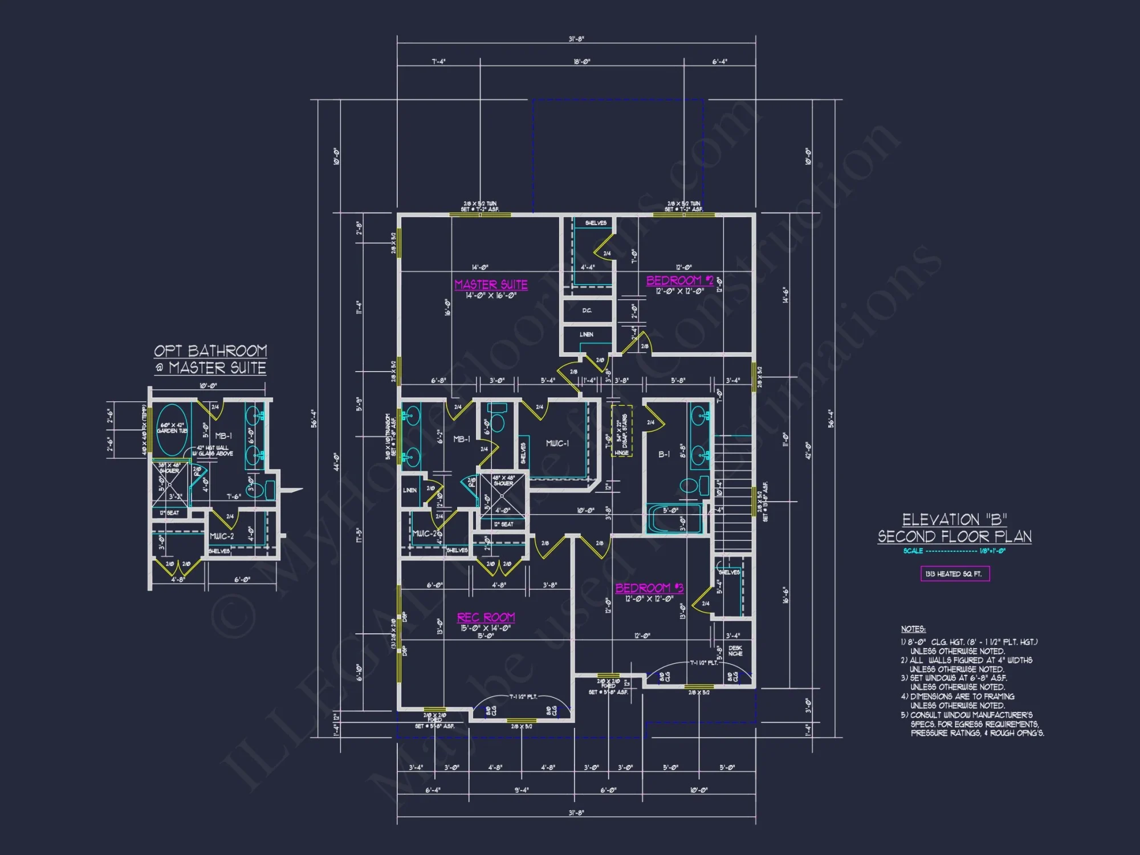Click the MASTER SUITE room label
[x=491, y=284]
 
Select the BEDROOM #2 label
[x=679, y=280]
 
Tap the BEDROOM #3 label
[x=649, y=588]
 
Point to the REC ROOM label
[x=486, y=617]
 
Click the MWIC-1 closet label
[x=557, y=443]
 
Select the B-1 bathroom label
[x=664, y=454]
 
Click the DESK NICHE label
[x=735, y=651]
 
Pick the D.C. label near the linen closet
[x=587, y=311]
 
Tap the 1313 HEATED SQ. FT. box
[x=955, y=573]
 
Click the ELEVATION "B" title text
[x=954, y=520]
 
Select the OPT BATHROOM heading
[x=210, y=351]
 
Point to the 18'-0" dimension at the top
[x=581, y=62]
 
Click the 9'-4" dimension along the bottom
[x=521, y=790]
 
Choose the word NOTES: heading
[x=913, y=629]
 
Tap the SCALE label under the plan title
[x=913, y=551]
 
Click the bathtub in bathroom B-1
[x=674, y=519]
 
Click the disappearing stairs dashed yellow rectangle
[x=621, y=430]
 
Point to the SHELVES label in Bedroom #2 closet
[x=596, y=223]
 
